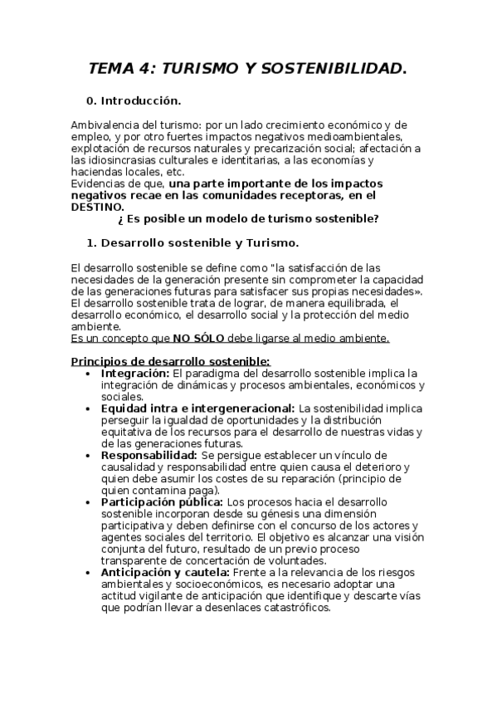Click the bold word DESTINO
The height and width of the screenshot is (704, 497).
tap(96, 207)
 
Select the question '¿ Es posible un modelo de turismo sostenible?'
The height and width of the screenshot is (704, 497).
tap(249, 218)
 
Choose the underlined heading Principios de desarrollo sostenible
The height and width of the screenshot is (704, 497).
tap(170, 361)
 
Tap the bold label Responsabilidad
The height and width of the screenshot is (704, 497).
tap(149, 455)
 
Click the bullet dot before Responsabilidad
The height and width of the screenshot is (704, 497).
tap(89, 456)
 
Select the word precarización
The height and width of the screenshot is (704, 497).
tap(294, 148)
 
